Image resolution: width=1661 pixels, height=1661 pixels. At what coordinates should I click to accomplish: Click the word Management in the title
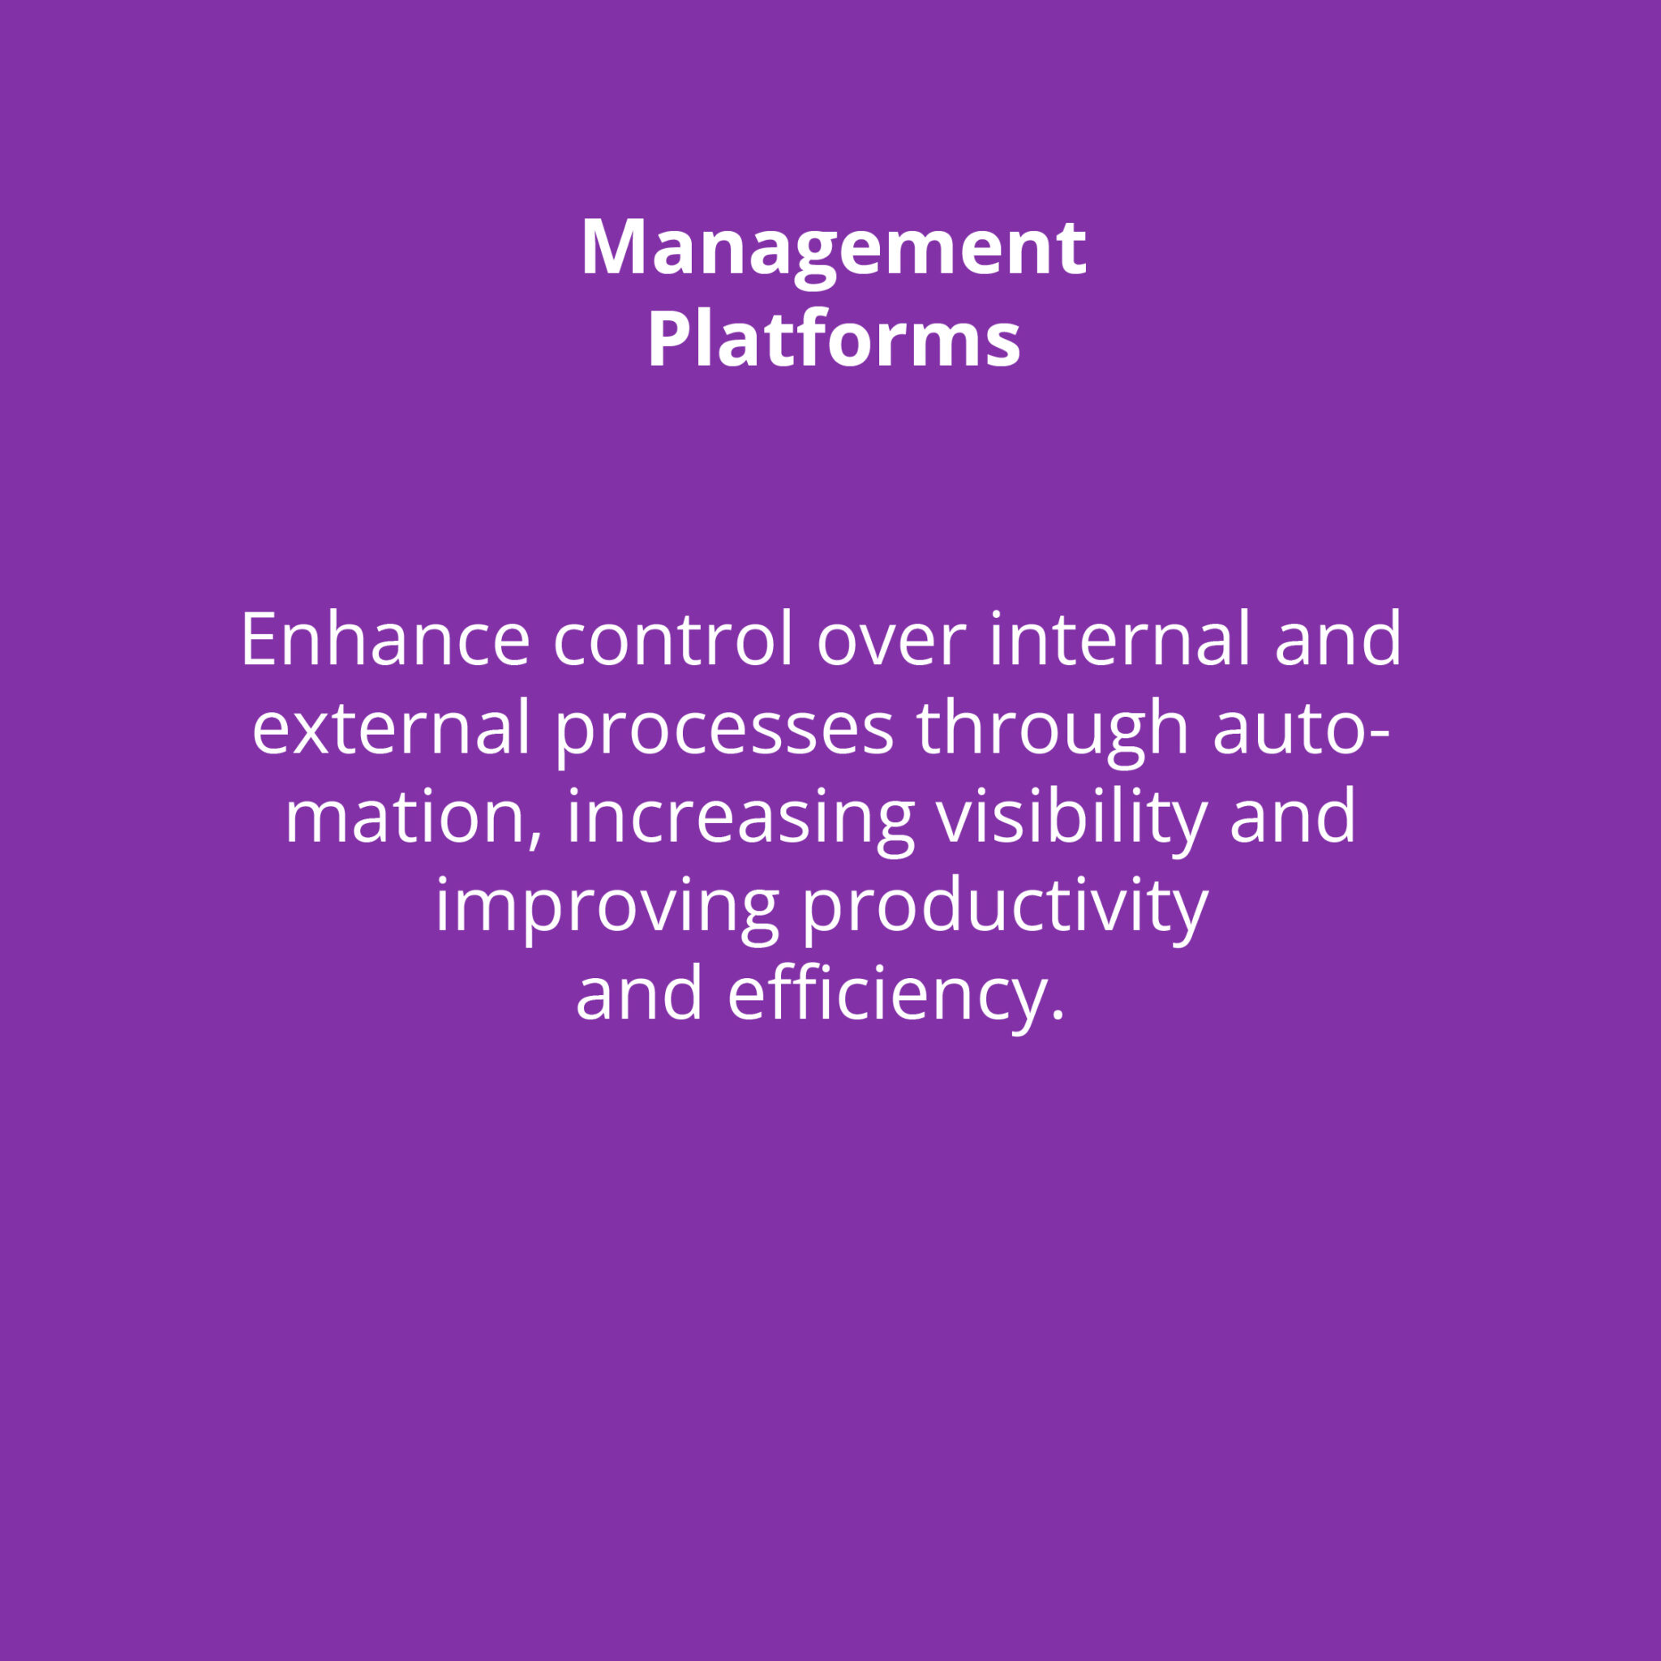pos(833,250)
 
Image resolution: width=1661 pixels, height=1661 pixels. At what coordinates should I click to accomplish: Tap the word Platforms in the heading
pos(833,339)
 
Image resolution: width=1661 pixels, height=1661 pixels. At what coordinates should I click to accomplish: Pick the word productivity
pos(1005,908)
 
